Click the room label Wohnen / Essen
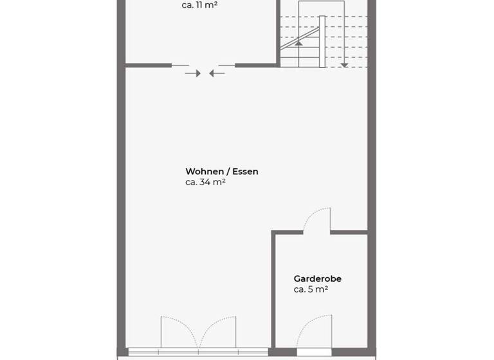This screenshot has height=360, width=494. click(x=222, y=172)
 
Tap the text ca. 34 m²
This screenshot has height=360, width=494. click(x=205, y=182)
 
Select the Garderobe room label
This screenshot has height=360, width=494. click(x=317, y=279)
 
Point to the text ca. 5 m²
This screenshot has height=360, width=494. click(x=311, y=290)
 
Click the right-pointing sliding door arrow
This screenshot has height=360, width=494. click(x=193, y=73)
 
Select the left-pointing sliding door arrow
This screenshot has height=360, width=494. click(x=217, y=73)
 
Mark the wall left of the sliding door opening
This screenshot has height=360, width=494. click(x=148, y=65)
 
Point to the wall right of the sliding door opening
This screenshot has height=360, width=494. click(x=256, y=65)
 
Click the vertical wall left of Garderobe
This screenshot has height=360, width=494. click(x=273, y=289)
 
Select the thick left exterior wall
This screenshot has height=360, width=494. click(x=121, y=193)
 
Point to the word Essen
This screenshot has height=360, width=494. click(x=245, y=172)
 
